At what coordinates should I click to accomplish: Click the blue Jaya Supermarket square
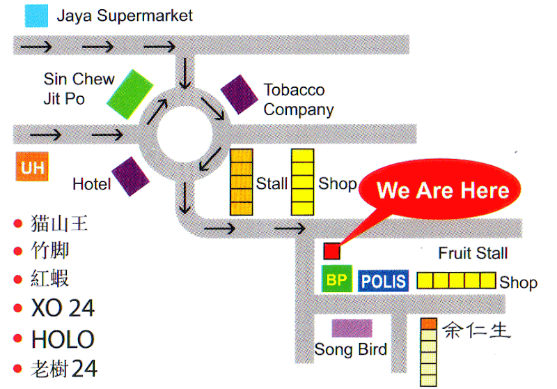[x=36, y=15]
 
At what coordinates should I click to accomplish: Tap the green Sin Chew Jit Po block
[x=130, y=94]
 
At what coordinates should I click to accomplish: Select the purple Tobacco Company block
[x=240, y=95]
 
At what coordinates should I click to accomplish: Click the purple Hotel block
[x=130, y=176]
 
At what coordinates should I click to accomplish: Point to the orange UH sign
[x=32, y=167]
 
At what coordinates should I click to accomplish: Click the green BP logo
[x=337, y=279]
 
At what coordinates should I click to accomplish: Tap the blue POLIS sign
[x=384, y=281]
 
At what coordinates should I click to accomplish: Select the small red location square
[x=331, y=251]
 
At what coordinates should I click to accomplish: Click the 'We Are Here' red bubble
[x=440, y=189]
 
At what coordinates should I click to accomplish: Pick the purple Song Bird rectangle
[x=352, y=328]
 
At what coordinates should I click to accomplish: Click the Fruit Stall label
[x=473, y=253]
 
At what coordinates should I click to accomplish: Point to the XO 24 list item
[x=63, y=308]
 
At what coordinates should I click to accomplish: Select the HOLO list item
[x=63, y=340]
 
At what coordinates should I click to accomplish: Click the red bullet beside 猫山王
[x=18, y=224]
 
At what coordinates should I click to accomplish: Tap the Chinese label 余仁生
[x=476, y=330]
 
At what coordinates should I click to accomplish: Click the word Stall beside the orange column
[x=272, y=184]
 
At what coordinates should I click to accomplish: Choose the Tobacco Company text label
[x=299, y=100]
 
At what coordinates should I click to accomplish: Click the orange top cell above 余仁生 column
[x=428, y=323]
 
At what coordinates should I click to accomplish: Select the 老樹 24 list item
[x=64, y=368]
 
